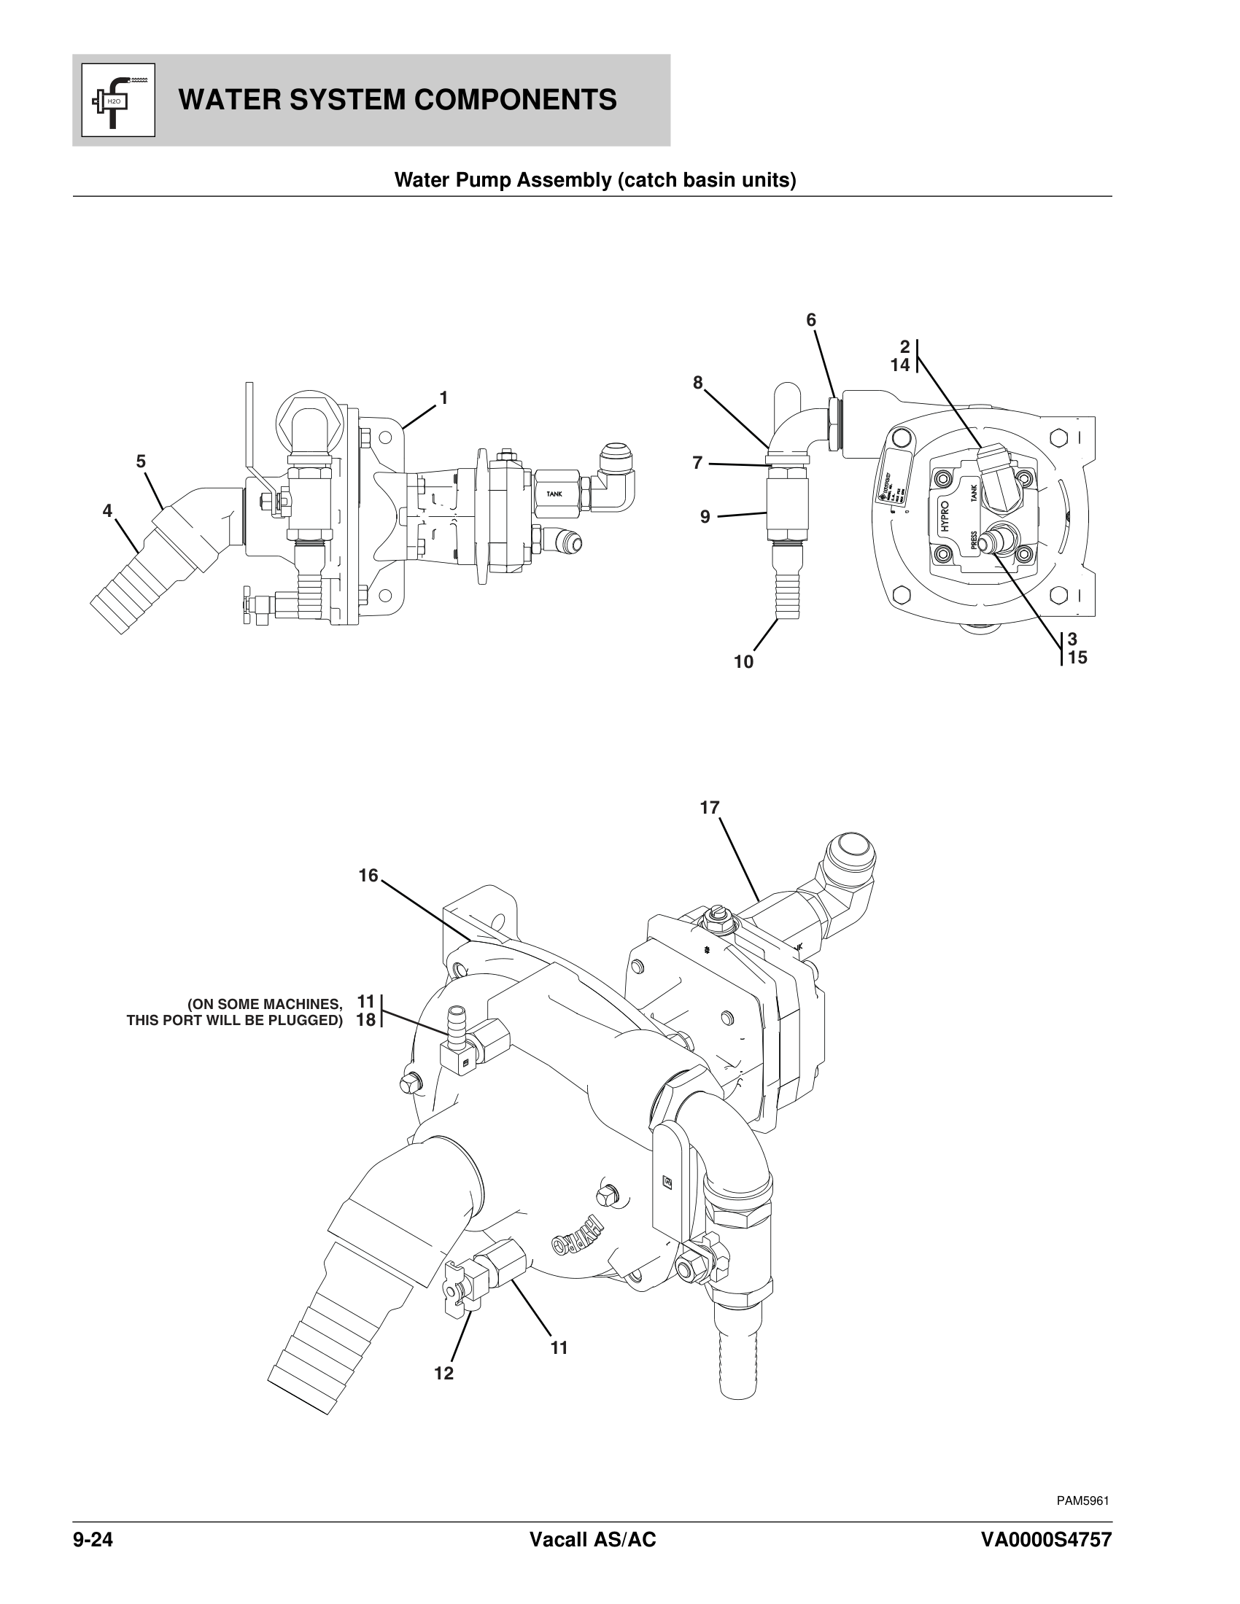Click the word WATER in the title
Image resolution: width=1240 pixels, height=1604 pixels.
pos(223,100)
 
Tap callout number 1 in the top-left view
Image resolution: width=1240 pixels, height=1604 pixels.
pos(443,397)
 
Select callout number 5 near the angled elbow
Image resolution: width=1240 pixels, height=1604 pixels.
pos(140,462)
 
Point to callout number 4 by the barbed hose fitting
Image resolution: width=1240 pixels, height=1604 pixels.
pos(107,510)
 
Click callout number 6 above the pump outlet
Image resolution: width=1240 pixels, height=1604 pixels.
pos(811,320)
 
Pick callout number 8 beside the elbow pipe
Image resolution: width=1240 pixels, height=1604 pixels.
pos(697,382)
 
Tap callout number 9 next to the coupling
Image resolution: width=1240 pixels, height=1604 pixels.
pos(705,517)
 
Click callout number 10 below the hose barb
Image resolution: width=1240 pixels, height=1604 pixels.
pos(743,662)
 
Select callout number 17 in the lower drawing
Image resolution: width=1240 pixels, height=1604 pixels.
pos(709,808)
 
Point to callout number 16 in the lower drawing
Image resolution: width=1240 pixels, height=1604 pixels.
pos(368,876)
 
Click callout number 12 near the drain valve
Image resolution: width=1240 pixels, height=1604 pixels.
pos(443,1373)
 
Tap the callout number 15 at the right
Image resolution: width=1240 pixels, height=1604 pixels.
pos(1077,658)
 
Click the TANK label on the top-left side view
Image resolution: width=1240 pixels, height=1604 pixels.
pos(554,494)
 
